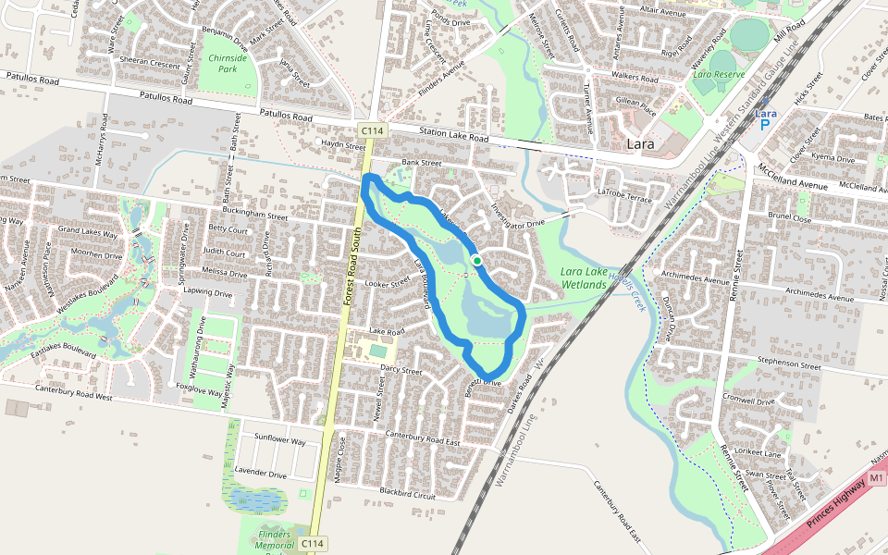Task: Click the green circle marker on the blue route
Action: pyautogui.click(x=476, y=261)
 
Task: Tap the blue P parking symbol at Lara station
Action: pyautogui.click(x=765, y=124)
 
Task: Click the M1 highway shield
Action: pyautogui.click(x=878, y=477)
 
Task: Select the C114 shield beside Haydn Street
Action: pyautogui.click(x=372, y=131)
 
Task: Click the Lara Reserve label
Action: pyautogui.click(x=719, y=73)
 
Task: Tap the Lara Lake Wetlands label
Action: pyautogui.click(x=583, y=277)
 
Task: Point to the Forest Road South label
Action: pyautogui.click(x=349, y=268)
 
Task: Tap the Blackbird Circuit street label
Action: pyautogui.click(x=408, y=494)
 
